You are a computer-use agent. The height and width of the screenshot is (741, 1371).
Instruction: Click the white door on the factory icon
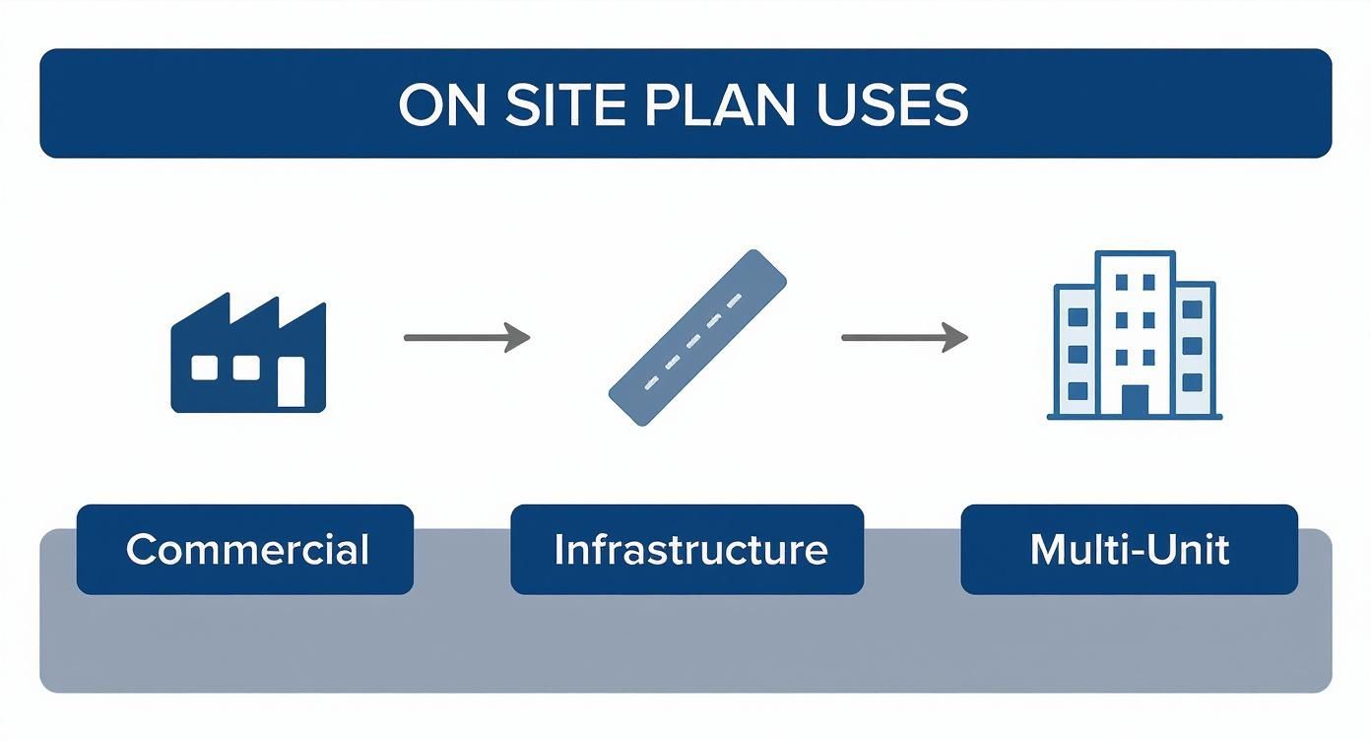coord(291,382)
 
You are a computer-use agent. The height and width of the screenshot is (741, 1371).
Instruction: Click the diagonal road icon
coord(697,338)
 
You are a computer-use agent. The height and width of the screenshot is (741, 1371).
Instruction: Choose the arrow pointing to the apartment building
coord(902,338)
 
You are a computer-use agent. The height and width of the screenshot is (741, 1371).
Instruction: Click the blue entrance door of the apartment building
coord(1135,400)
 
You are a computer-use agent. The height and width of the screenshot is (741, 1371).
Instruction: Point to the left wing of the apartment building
coord(1076,350)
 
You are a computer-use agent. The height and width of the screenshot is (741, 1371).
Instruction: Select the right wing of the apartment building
coord(1194,350)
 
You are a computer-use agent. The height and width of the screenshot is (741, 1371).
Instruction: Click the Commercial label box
coord(245,550)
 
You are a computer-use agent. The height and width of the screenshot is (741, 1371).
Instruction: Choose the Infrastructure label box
coord(687,550)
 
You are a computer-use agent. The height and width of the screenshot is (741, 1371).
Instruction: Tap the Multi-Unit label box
coord(1129,550)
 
